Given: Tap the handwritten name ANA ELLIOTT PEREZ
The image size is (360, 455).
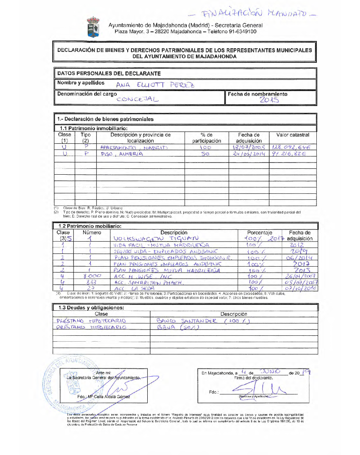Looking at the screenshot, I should [x=155, y=85].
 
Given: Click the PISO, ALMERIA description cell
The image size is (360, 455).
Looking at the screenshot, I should [x=115, y=154].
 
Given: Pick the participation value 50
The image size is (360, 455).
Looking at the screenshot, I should [x=205, y=154].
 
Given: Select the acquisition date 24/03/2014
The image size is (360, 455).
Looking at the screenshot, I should [x=248, y=154].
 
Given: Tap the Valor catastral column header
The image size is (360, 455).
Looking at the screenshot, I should [x=292, y=135].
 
